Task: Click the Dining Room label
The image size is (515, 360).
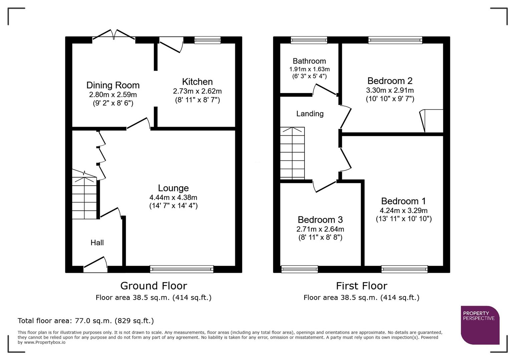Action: pyautogui.click(x=113, y=85)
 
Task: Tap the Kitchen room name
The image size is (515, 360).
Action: pyautogui.click(x=197, y=82)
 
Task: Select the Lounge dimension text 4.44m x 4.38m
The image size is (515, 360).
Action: pyautogui.click(x=173, y=197)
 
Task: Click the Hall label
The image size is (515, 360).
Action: pyautogui.click(x=97, y=243)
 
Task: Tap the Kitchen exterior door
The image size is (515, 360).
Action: pyautogui.click(x=171, y=44)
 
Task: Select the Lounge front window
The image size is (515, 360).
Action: pyautogui.click(x=181, y=269)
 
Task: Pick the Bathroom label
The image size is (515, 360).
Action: pyautogui.click(x=309, y=61)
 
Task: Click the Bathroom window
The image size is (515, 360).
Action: pyautogui.click(x=309, y=40)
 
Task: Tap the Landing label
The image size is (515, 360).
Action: pyautogui.click(x=310, y=114)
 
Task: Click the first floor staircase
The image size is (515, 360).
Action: pyautogui.click(x=292, y=153)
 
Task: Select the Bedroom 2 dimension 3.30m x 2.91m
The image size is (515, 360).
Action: pyautogui.click(x=390, y=90)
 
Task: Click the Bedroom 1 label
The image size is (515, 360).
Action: pyautogui.click(x=403, y=201)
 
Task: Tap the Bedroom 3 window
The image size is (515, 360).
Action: pyautogui.click(x=300, y=269)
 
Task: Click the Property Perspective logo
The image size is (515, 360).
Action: pyautogui.click(x=480, y=325)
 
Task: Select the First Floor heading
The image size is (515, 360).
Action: pyautogui.click(x=361, y=286)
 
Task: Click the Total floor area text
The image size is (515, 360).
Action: pyautogui.click(x=86, y=321)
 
